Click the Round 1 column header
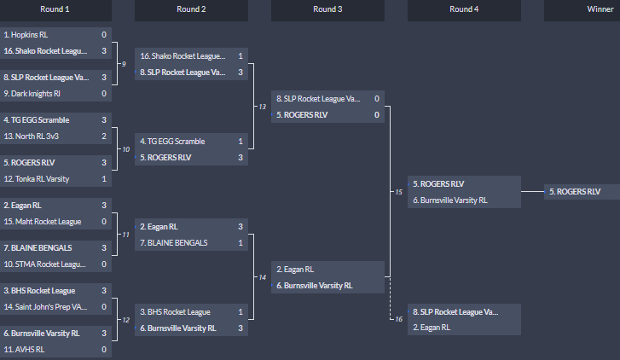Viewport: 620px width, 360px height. coord(55,10)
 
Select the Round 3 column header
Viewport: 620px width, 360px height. coord(327,10)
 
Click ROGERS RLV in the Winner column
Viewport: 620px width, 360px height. coord(581,192)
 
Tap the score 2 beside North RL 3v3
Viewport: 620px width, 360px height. coord(104,136)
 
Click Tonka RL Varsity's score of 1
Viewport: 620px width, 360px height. coord(104,179)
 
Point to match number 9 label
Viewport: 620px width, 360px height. coord(125,65)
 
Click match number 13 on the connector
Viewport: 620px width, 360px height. coord(262,107)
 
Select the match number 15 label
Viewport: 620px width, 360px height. coord(398,192)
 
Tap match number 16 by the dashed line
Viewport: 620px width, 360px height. coord(398,319)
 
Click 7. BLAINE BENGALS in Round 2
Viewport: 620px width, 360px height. coord(183,242)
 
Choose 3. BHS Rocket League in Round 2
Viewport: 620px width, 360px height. coord(183,311)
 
